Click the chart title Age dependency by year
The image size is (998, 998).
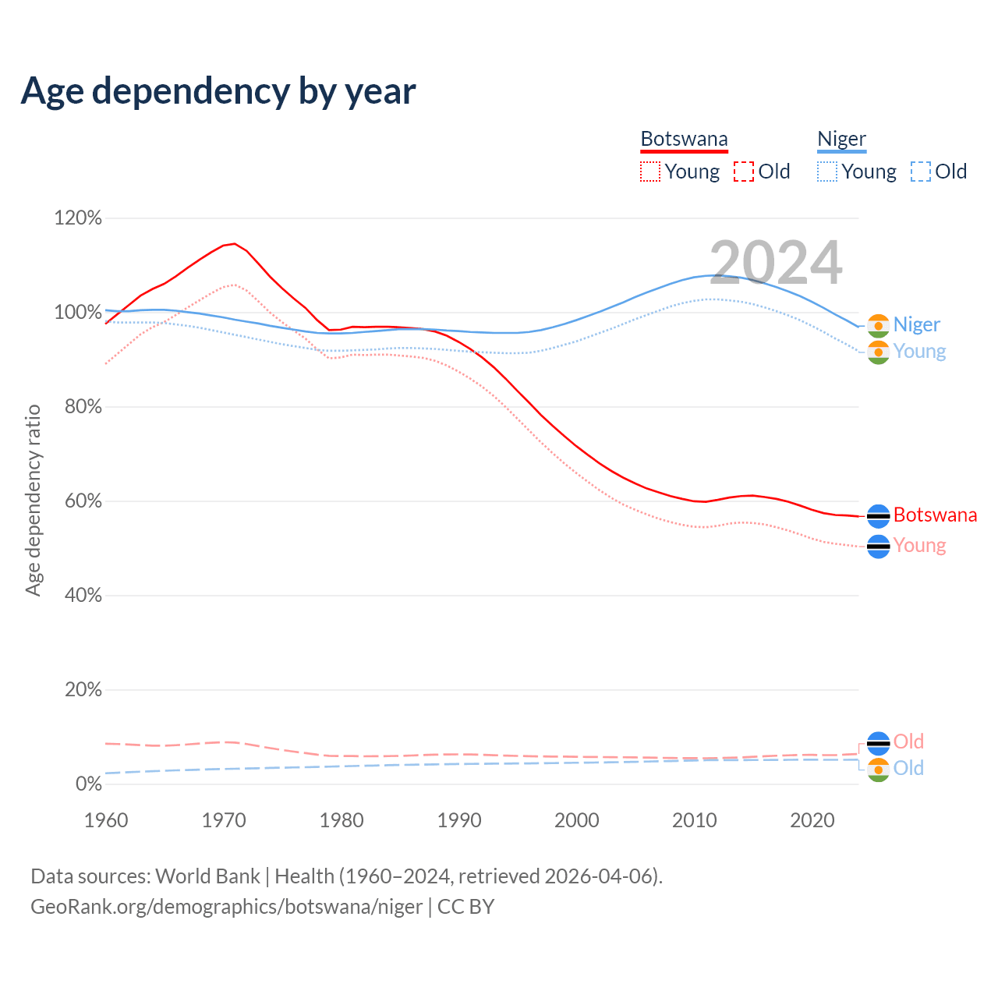(218, 91)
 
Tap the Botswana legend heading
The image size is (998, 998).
(684, 140)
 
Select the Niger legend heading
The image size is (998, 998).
(841, 140)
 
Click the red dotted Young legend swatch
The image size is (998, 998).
(650, 172)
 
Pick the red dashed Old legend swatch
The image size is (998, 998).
(744, 172)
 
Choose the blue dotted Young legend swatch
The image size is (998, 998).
(827, 172)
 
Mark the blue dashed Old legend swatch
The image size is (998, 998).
(921, 172)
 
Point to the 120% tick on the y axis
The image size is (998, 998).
(78, 218)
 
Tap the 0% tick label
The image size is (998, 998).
(88, 784)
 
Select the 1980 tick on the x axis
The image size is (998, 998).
(342, 820)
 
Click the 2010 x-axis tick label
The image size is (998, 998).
(694, 820)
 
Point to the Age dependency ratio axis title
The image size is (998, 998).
(33, 500)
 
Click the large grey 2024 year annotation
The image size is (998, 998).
(776, 263)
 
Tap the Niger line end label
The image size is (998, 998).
(916, 324)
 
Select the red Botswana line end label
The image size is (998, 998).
(935, 515)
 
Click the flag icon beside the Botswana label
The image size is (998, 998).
(879, 516)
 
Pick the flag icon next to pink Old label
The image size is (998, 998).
(879, 743)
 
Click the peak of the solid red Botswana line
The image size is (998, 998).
(235, 243)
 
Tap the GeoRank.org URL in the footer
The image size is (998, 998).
(226, 907)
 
